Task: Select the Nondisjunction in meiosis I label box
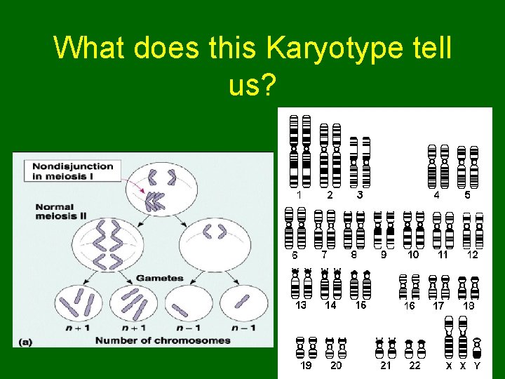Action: pos(72,171)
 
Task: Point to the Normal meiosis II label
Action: pos(61,211)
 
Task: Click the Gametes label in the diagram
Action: pos(159,278)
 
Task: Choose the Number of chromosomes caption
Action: pos(162,340)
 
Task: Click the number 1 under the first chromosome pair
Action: pos(299,194)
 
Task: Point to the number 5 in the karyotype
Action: pos(468,194)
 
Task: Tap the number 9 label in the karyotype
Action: pos(384,255)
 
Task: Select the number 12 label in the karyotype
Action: pos(473,255)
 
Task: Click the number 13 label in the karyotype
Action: pos(301,305)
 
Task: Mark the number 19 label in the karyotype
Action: pos(306,365)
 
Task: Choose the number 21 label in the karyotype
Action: pos(386,365)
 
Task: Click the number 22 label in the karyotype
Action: pos(415,365)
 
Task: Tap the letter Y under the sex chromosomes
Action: pos(478,365)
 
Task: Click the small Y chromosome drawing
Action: pos(478,347)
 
